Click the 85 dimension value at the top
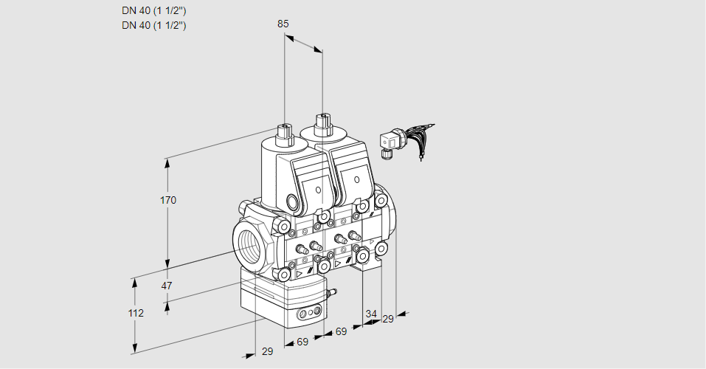point(283,24)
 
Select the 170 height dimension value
point(168,200)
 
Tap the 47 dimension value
point(167,286)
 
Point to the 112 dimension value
point(135,313)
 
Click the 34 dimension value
point(370,314)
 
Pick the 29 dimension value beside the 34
point(388,318)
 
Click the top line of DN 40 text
point(153,10)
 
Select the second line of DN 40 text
point(153,25)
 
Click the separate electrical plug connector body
point(388,142)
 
